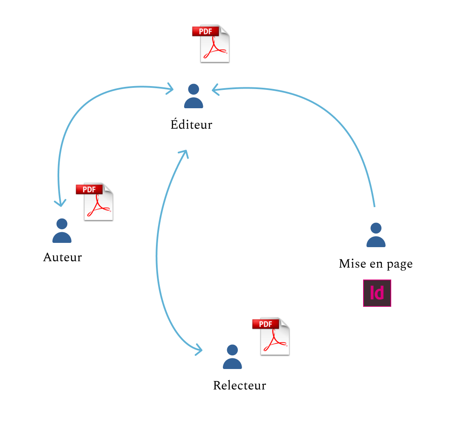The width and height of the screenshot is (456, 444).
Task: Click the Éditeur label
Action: (191, 124)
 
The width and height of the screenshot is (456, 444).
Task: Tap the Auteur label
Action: (62, 257)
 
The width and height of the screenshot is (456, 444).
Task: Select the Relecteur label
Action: (240, 385)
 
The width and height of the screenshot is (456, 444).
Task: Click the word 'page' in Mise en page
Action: (399, 264)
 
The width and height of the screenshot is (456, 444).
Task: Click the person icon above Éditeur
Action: (193, 96)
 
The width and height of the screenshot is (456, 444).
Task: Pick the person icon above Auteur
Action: (62, 231)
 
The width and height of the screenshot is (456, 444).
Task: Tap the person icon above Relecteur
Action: (232, 357)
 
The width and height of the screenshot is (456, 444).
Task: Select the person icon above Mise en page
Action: (376, 235)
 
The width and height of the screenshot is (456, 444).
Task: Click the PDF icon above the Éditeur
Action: (211, 44)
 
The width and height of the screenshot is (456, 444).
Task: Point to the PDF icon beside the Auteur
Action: (95, 202)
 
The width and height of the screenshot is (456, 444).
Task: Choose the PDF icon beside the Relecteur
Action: (271, 336)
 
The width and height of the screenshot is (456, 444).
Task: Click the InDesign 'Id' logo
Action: (377, 293)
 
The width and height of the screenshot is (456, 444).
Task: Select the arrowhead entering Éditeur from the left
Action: (171, 89)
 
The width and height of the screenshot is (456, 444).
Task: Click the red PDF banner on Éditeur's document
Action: (205, 31)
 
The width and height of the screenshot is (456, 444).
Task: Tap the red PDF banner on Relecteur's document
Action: (266, 324)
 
